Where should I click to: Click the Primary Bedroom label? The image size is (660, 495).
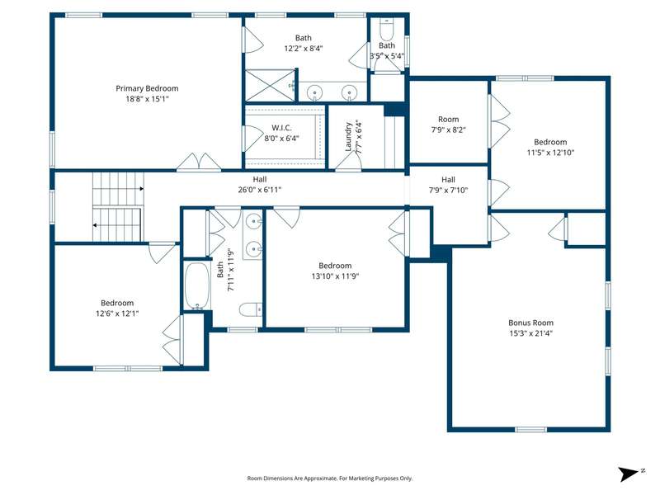click(x=147, y=88)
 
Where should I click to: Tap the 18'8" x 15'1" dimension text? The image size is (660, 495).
click(x=147, y=99)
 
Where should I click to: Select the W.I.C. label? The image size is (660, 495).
click(x=281, y=128)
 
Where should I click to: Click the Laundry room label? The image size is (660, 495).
click(x=348, y=136)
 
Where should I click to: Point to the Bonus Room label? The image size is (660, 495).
click(x=530, y=323)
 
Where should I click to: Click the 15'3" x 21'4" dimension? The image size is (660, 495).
click(x=530, y=333)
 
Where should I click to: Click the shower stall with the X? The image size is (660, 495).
click(x=270, y=86)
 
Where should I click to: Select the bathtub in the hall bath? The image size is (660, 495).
click(x=197, y=286)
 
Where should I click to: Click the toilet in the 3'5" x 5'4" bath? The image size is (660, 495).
click(x=386, y=30)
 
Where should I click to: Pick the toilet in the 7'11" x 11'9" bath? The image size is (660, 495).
click(x=251, y=310)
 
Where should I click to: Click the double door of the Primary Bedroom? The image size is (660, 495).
click(x=199, y=162)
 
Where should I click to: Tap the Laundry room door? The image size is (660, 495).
click(x=348, y=162)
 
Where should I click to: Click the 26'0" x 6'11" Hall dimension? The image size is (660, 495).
click(x=260, y=190)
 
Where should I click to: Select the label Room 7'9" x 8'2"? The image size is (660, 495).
click(x=448, y=125)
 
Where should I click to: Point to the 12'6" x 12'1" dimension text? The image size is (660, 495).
click(x=117, y=313)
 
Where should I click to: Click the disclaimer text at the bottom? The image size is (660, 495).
click(x=329, y=478)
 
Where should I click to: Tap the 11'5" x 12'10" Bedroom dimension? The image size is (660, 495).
click(x=550, y=153)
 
